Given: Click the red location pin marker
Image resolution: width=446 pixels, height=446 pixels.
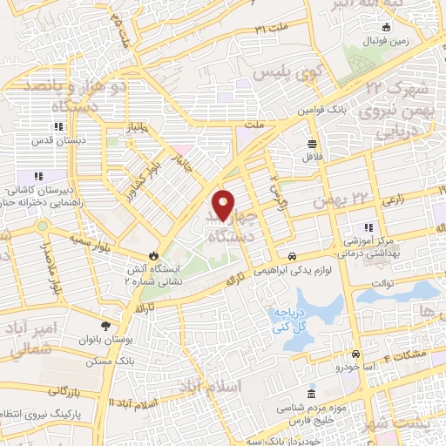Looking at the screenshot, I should [224, 205].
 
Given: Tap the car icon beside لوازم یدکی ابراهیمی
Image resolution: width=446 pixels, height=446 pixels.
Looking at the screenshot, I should [293, 256].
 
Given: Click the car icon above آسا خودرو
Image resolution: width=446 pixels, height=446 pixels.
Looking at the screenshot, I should [356, 355].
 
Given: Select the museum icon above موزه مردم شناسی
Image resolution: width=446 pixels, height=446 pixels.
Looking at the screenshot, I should [312, 395].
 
